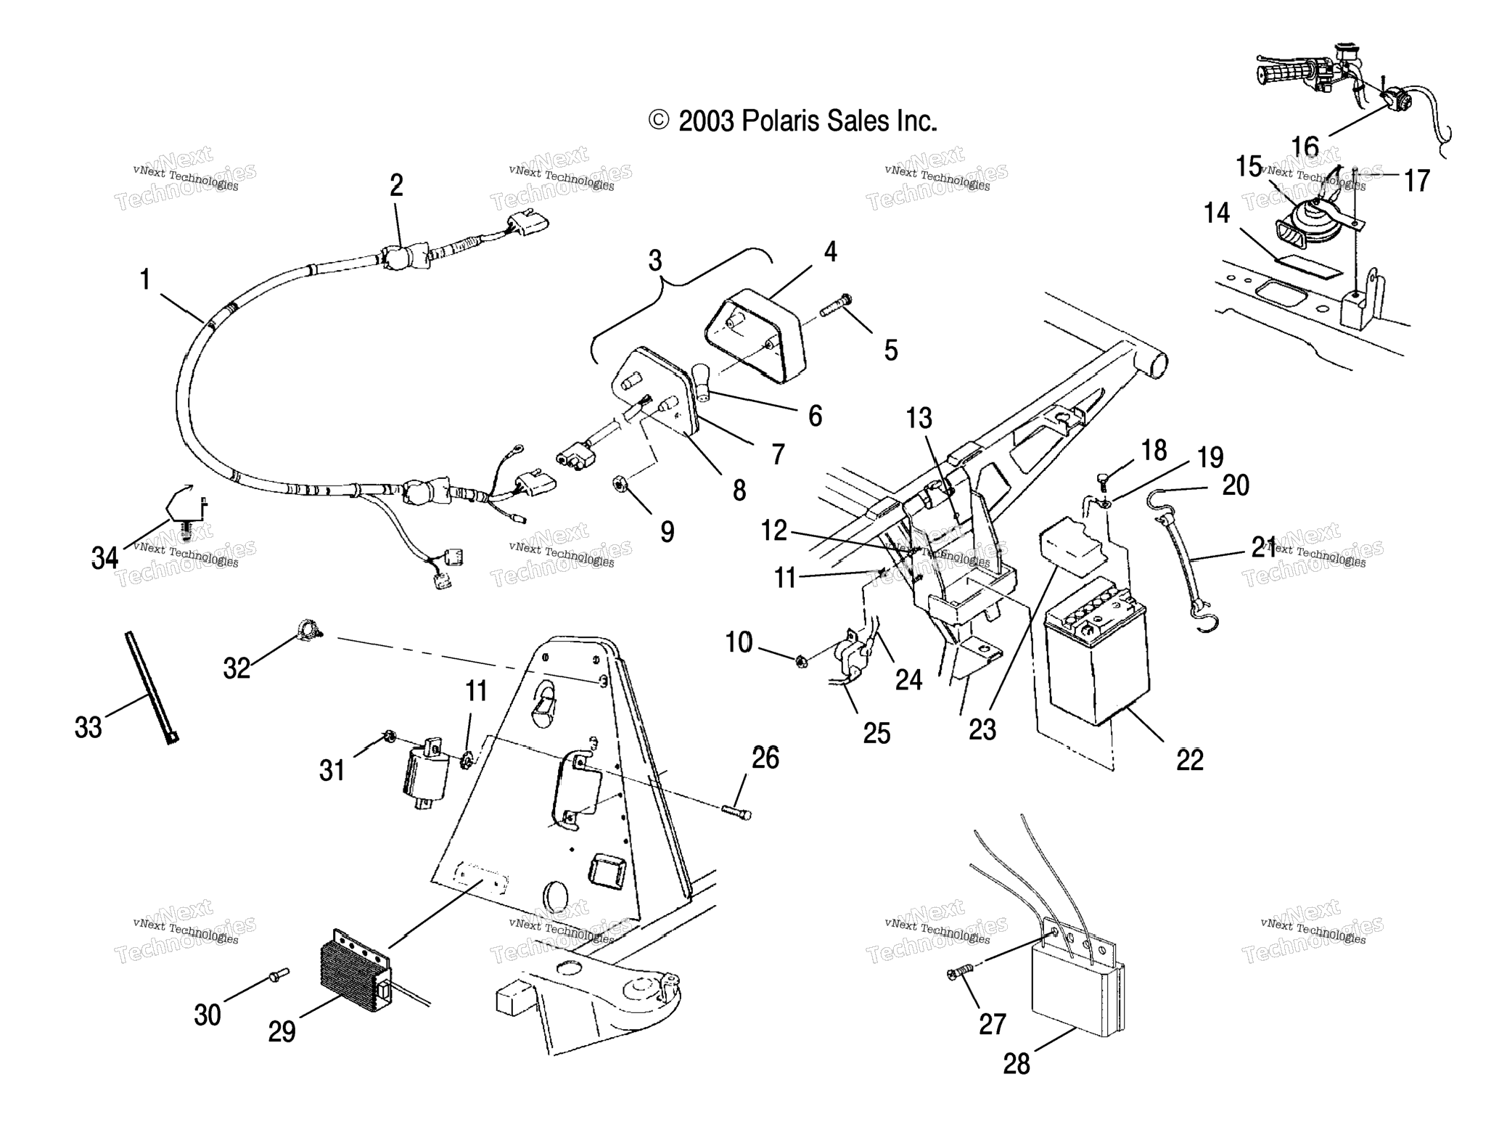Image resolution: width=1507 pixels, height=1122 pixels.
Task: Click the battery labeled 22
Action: [x=1096, y=657]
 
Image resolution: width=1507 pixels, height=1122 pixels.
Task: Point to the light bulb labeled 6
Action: [x=702, y=380]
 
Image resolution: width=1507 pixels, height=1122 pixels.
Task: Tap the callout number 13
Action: [x=919, y=418]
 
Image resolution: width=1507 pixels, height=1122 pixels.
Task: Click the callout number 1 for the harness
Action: [x=145, y=280]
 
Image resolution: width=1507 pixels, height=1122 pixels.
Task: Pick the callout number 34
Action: [x=104, y=557]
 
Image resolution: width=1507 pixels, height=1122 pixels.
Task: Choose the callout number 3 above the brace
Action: [x=655, y=261]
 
